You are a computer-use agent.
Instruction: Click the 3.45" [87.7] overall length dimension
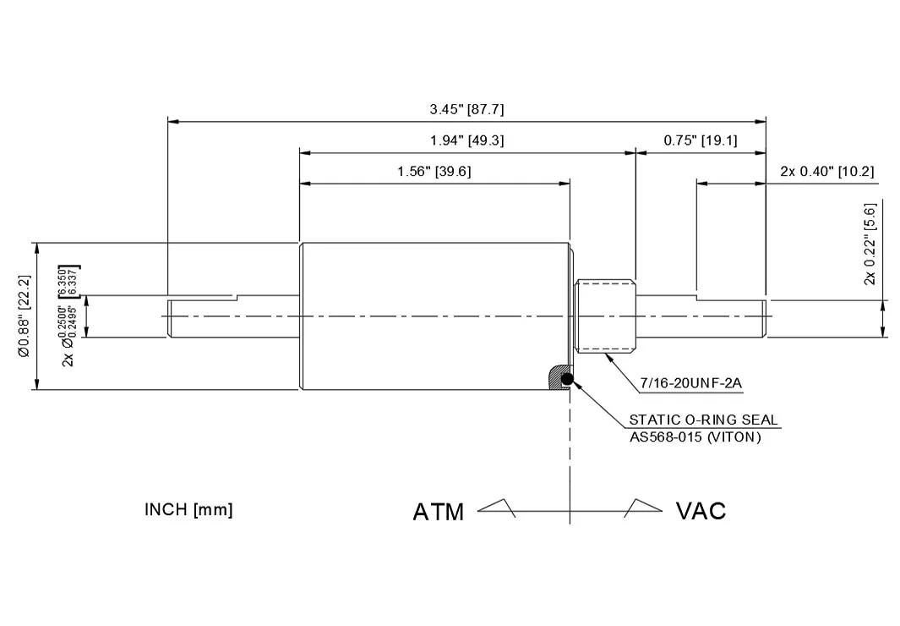click(x=466, y=109)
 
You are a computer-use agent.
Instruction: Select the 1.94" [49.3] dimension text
click(x=466, y=140)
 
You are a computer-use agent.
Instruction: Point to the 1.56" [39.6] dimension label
click(x=434, y=172)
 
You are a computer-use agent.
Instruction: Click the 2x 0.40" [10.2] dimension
click(x=826, y=172)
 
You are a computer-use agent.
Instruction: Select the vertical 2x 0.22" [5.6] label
click(x=870, y=243)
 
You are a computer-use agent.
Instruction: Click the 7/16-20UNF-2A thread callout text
click(x=690, y=383)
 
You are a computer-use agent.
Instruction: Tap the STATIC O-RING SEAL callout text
click(x=703, y=420)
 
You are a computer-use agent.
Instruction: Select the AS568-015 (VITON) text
click(x=695, y=437)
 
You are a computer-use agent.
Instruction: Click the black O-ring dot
click(x=567, y=378)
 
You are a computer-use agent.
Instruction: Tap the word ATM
click(x=438, y=512)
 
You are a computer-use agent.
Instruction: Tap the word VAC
click(x=701, y=511)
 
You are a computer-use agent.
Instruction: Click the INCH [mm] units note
click(x=188, y=510)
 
